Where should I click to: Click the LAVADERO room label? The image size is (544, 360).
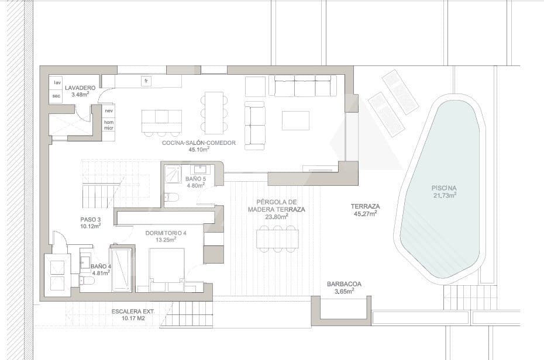[x=80, y=88]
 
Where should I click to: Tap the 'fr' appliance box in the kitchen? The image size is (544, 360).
[x=146, y=81]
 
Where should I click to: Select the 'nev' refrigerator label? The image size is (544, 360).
[x=109, y=111]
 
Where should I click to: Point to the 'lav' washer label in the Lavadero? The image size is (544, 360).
[x=57, y=83]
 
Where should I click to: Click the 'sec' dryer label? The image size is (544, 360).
[x=56, y=96]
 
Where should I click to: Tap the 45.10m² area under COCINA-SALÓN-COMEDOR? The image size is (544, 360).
[x=199, y=150]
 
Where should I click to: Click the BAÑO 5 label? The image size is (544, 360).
[x=196, y=179]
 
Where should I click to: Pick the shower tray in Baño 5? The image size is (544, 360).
[x=173, y=173]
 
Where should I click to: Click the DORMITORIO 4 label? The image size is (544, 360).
[x=166, y=233]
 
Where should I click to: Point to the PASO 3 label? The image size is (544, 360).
[x=90, y=219]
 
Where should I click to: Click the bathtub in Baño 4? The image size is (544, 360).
[x=121, y=269]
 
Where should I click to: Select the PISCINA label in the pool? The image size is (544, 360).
[x=444, y=188]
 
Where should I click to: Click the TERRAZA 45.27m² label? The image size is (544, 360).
[x=366, y=210]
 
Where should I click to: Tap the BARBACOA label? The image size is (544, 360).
[x=344, y=284]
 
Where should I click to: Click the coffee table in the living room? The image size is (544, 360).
[x=295, y=120]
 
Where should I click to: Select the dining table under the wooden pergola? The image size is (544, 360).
[x=277, y=238]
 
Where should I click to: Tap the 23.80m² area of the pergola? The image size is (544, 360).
[x=276, y=217]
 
